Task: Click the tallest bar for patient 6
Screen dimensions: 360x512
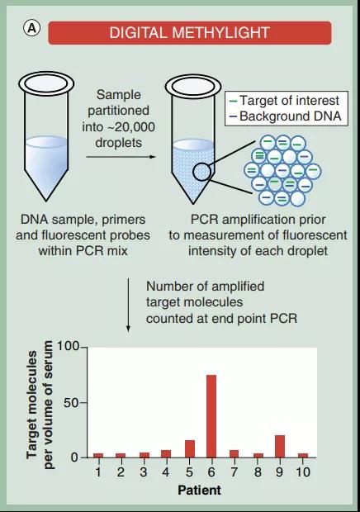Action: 211,416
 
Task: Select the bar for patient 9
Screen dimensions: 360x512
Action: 280,446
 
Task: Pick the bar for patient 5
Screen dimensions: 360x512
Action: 190,448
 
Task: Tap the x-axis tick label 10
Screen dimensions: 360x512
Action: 302,472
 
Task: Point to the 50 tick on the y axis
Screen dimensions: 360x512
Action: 72,403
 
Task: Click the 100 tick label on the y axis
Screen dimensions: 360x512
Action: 68,347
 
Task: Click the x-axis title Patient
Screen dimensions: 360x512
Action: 199,491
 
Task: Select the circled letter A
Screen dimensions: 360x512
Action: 31,29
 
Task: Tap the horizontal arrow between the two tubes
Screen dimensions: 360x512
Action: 121,157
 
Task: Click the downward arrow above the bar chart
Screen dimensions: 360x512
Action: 128,305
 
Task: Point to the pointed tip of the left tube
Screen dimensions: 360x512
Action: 46,201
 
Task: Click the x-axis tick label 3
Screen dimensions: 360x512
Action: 144,472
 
